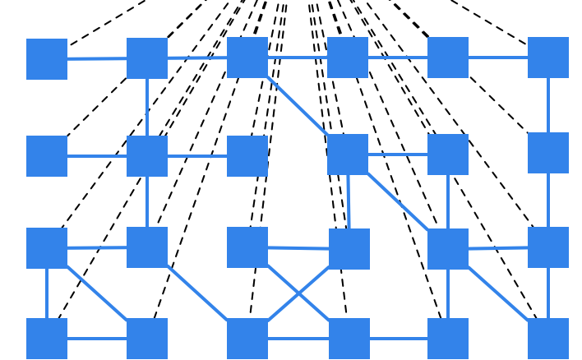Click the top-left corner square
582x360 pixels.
pos(47,59)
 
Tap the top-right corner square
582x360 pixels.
pos(548,58)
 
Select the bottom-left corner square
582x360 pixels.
pos(47,339)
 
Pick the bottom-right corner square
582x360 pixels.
pos(548,339)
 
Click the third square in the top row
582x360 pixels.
pos(247,58)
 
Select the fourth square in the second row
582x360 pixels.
pos(348,155)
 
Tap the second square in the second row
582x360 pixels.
pos(147,156)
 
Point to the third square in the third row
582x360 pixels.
pos(247,247)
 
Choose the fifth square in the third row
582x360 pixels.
pos(448,249)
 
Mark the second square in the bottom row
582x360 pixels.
pos(147,339)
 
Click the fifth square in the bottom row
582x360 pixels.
pos(448,339)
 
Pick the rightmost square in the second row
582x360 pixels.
pos(548,153)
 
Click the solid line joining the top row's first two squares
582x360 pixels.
pos(97,58)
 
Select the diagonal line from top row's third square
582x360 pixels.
pos(298,106)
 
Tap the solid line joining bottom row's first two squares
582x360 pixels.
pos(97,339)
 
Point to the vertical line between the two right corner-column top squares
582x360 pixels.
pos(548,105)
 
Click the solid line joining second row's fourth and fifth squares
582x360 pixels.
pos(398,155)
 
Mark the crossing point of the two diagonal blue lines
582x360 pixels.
pos(298,293)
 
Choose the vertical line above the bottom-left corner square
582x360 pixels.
pos(47,293)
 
